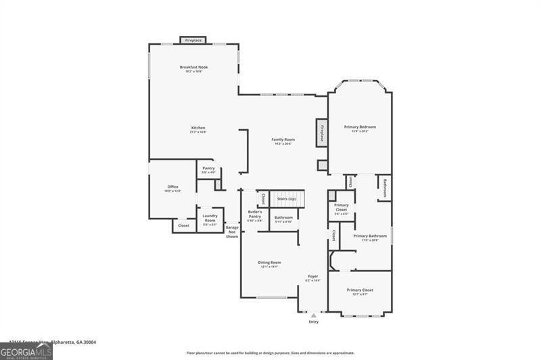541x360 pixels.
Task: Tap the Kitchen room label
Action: click(197, 128)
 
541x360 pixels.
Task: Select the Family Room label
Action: click(283, 139)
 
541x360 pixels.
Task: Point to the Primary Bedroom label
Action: click(360, 127)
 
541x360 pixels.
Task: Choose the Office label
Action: click(172, 187)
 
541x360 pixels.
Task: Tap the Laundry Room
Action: click(210, 218)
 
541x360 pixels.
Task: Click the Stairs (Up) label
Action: click(287, 199)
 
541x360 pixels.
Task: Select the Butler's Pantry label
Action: click(254, 215)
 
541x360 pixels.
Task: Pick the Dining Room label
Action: click(270, 263)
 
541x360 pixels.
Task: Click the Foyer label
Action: click(313, 276)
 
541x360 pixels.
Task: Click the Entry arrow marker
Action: click(313, 315)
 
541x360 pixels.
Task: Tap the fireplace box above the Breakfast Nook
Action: click(193, 41)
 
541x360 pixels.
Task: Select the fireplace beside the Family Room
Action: click(322, 133)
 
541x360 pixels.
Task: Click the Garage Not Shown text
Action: click(232, 231)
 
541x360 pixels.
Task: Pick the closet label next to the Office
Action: click(184, 225)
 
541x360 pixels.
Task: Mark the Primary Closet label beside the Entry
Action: click(360, 290)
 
